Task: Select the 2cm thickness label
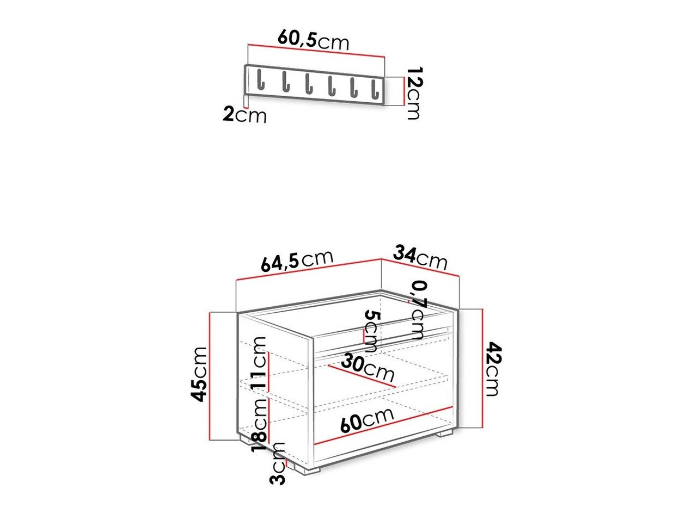(244, 115)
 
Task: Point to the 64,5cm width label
(297, 261)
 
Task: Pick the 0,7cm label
(418, 309)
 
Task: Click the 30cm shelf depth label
(368, 368)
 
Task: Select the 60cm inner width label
(366, 420)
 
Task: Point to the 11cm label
(260, 362)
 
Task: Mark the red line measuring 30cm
(362, 376)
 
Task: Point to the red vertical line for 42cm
(482, 368)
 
